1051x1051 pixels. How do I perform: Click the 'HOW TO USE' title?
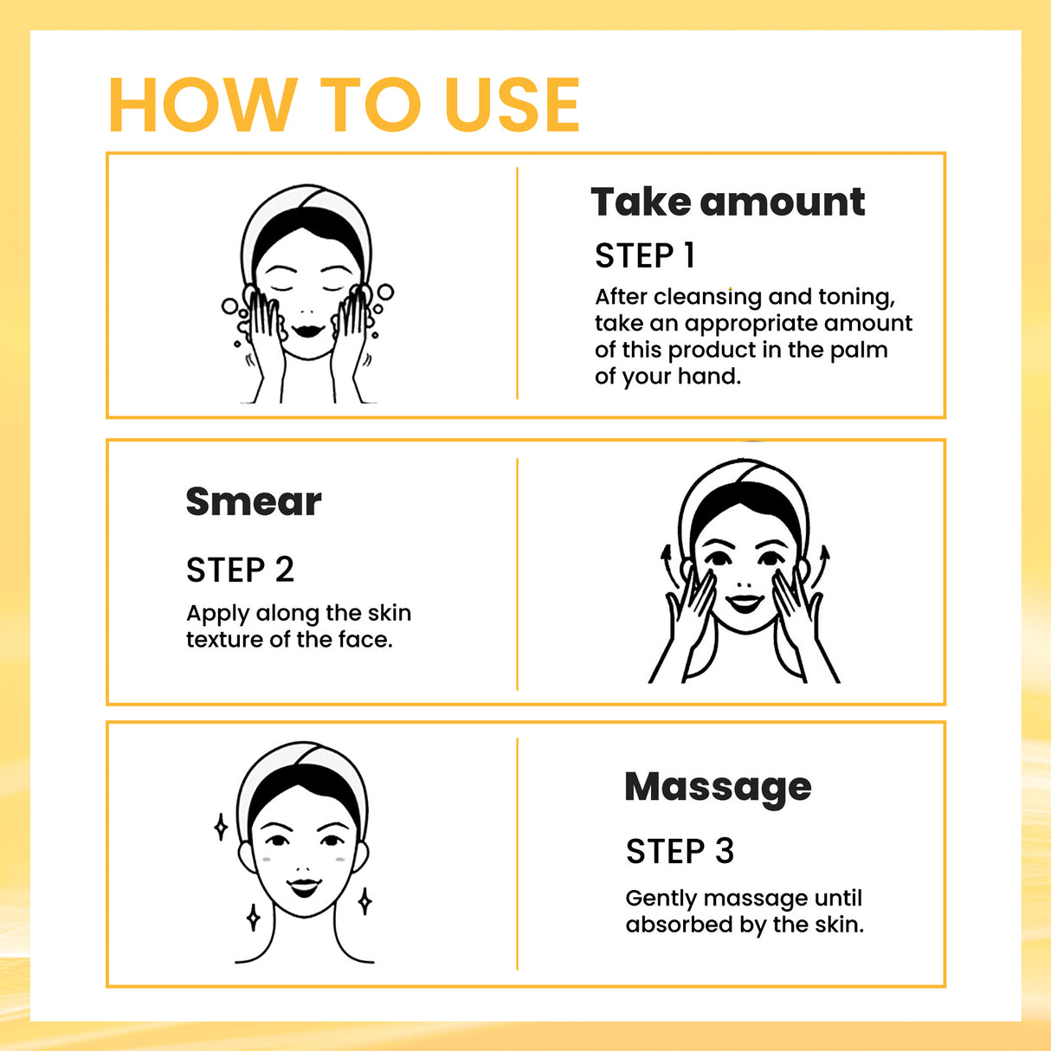pyautogui.click(x=344, y=106)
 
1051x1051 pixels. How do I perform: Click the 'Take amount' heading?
pyautogui.click(x=727, y=203)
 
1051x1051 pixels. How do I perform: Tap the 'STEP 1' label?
pyautogui.click(x=645, y=256)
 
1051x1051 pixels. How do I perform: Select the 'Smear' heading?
pyautogui.click(x=253, y=502)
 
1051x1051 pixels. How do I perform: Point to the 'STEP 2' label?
pyautogui.click(x=240, y=571)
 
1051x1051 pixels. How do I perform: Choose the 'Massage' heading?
pyautogui.click(x=718, y=787)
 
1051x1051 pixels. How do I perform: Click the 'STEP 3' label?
pyautogui.click(x=680, y=852)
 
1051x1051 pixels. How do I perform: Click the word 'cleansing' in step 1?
pyautogui.click(x=707, y=297)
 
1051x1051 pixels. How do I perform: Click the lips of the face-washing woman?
pyautogui.click(x=307, y=331)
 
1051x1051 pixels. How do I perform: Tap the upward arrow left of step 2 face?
pyautogui.click(x=666, y=558)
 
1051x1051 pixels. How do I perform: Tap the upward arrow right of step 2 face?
pyautogui.click(x=823, y=558)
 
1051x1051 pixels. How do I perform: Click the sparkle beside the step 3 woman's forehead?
pyautogui.click(x=221, y=827)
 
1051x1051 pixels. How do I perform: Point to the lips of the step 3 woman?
pyautogui.click(x=304, y=887)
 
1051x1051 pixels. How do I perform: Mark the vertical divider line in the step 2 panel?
pyautogui.click(x=517, y=573)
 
